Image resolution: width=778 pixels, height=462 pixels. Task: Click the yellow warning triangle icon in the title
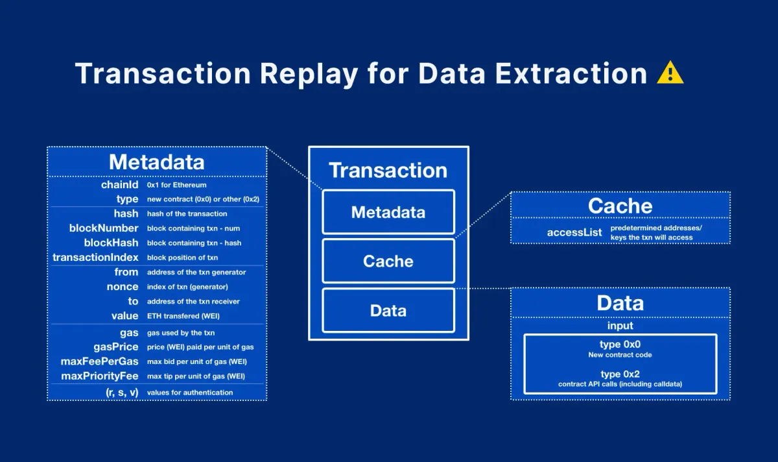670,74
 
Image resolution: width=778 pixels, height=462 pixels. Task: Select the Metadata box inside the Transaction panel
388,212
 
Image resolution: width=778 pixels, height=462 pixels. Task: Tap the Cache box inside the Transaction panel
388,261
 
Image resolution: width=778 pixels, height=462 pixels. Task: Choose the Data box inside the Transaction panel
388,311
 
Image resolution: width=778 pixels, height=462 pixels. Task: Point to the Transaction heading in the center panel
388,170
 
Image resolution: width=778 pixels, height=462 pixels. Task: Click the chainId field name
120,185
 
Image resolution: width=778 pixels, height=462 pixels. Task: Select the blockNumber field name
104,228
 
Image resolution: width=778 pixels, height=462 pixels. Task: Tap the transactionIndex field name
96,258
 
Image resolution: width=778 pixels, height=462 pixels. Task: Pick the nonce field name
123,287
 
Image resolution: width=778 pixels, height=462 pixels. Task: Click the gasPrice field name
116,347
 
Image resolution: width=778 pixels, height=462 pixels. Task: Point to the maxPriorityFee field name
100,376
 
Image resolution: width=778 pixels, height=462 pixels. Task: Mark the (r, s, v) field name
122,393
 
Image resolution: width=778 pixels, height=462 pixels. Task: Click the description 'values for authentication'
190,393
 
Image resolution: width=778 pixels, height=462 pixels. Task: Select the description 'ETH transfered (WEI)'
182,316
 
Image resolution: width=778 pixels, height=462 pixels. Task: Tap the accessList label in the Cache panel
574,232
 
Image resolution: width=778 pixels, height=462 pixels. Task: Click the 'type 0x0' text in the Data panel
620,345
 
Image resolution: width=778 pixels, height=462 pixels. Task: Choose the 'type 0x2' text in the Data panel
620,374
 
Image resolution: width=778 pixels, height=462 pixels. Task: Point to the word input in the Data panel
620,326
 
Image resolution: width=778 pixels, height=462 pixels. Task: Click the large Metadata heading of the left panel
156,162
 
